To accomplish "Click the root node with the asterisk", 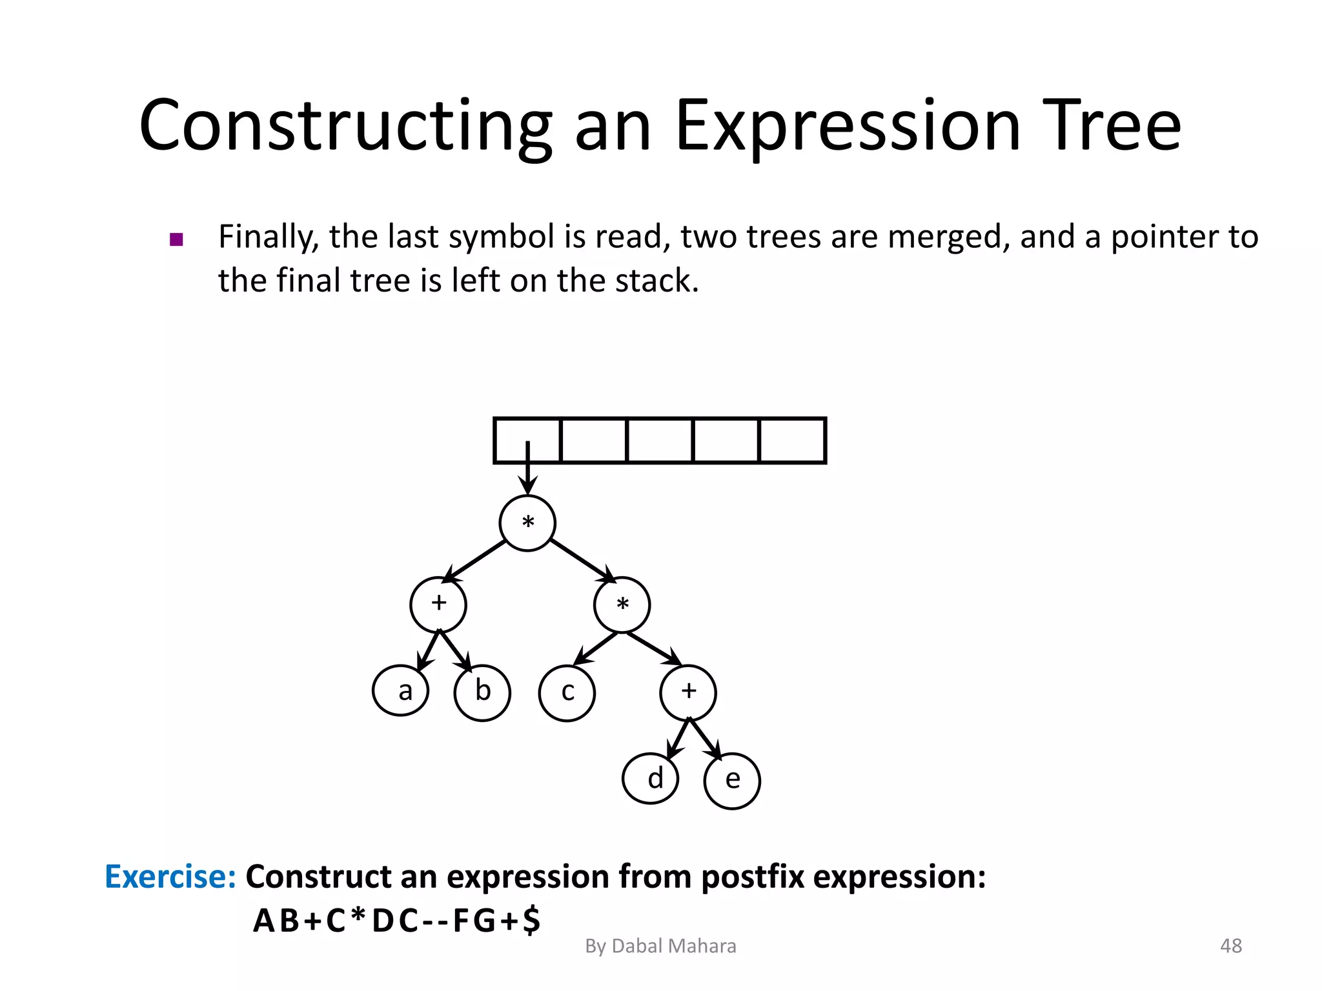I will click(527, 523).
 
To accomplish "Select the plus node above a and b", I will click(438, 605).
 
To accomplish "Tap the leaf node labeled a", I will click(401, 691).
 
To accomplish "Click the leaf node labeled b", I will click(482, 692).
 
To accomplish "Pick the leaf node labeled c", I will click(567, 693).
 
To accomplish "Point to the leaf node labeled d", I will click(651, 779).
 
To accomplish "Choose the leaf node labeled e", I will click(732, 781).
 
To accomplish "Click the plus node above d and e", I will click(688, 692).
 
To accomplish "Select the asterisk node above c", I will click(622, 605).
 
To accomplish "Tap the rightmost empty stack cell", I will click(793, 441).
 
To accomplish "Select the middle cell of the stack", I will click(660, 441).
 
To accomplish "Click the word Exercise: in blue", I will click(170, 877).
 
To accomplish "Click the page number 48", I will click(1230, 946).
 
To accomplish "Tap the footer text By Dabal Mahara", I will click(660, 946).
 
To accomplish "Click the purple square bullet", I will click(176, 240).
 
